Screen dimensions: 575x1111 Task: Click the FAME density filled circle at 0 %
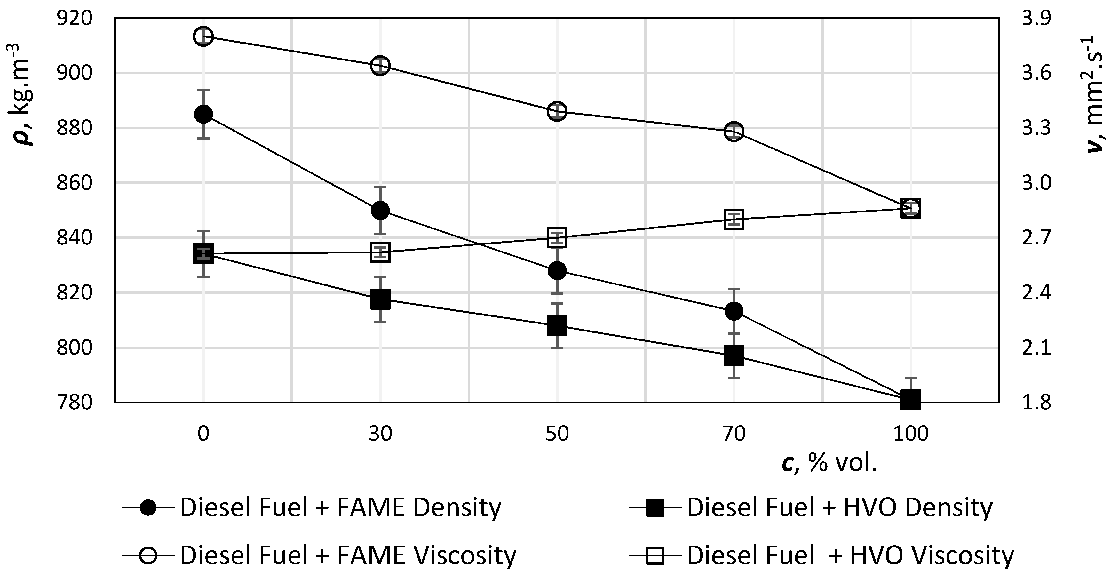pyautogui.click(x=203, y=114)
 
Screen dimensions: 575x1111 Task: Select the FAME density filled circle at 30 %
pyautogui.click(x=380, y=211)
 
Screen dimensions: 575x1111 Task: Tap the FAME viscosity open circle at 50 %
pyautogui.click(x=557, y=111)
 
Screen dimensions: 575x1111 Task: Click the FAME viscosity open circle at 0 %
pyautogui.click(x=203, y=36)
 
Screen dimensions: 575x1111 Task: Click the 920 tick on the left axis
pyautogui.click(x=74, y=18)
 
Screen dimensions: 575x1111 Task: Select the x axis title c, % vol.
pyautogui.click(x=829, y=464)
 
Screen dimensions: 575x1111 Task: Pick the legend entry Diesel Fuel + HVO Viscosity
pyautogui.click(x=850, y=555)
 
